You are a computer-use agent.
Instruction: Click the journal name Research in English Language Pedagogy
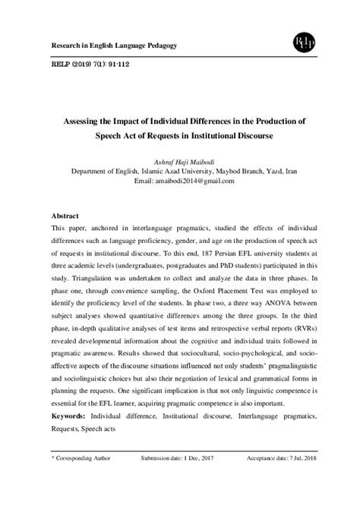tap(113, 46)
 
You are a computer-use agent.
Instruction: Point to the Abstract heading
tap(65, 216)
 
